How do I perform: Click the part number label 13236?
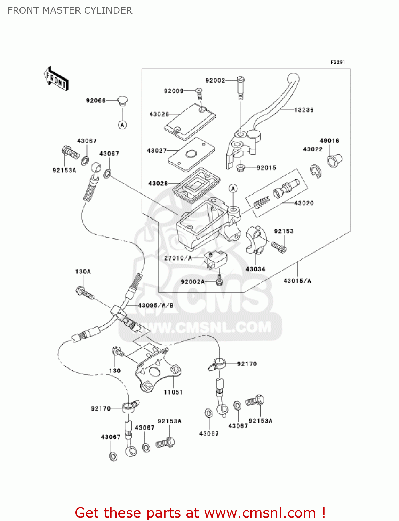point(304,110)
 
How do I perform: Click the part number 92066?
point(96,101)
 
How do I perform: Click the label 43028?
point(158,183)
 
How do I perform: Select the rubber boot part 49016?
point(334,160)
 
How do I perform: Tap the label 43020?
point(304,203)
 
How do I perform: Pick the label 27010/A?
point(178,258)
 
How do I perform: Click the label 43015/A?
point(297,281)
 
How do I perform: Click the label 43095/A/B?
point(155,305)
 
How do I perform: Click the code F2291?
point(337,62)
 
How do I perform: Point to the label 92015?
point(266,168)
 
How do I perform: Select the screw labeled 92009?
point(199,94)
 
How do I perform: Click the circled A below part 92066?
point(122,125)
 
